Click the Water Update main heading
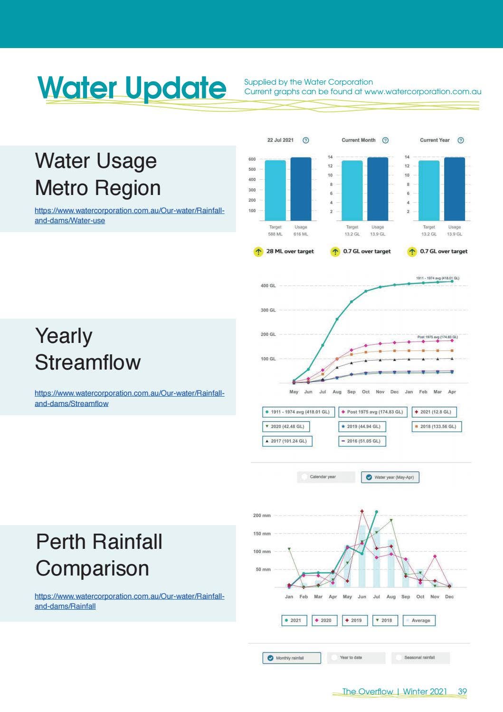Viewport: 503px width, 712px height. (x=132, y=88)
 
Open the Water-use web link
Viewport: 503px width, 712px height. (x=129, y=215)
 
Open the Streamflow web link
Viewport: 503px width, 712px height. (x=129, y=398)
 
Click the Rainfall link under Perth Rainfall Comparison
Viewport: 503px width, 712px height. (x=129, y=601)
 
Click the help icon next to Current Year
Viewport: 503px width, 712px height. (x=460, y=140)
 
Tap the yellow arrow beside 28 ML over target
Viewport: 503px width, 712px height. (x=258, y=252)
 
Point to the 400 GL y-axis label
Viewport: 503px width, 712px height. (x=268, y=286)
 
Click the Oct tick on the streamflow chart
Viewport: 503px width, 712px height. (x=366, y=392)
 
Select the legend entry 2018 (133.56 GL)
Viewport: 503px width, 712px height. (x=437, y=427)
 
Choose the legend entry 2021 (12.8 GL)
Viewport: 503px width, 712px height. (x=434, y=412)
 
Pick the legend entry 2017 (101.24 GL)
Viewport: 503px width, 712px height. (x=287, y=441)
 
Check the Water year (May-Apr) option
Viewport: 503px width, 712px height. (x=390, y=477)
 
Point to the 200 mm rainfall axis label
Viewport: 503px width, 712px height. (x=262, y=516)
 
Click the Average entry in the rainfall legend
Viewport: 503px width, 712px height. (x=419, y=621)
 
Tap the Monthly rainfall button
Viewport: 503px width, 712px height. (x=291, y=658)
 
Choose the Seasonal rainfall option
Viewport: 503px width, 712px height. (x=420, y=658)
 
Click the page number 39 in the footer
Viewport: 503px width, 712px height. (x=462, y=692)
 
